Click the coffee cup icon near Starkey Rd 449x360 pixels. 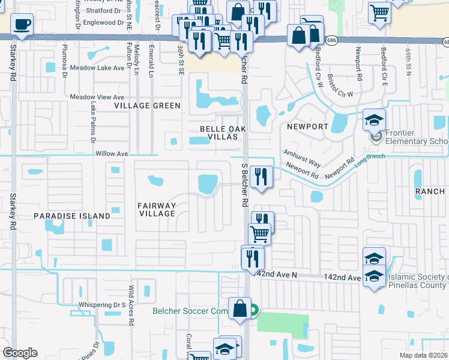pyautogui.click(x=22, y=25)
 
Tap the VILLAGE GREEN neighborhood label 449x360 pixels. pyautogui.click(x=148, y=106)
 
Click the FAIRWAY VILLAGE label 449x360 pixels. pyautogui.click(x=157, y=209)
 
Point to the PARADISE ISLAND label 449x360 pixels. pyautogui.click(x=71, y=215)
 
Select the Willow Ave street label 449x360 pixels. pyautogui.click(x=112, y=154)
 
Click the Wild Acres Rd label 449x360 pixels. pyautogui.click(x=130, y=305)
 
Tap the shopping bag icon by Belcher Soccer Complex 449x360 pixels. pyautogui.click(x=240, y=309)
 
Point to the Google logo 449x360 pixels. pyautogui.click(x=20, y=353)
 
